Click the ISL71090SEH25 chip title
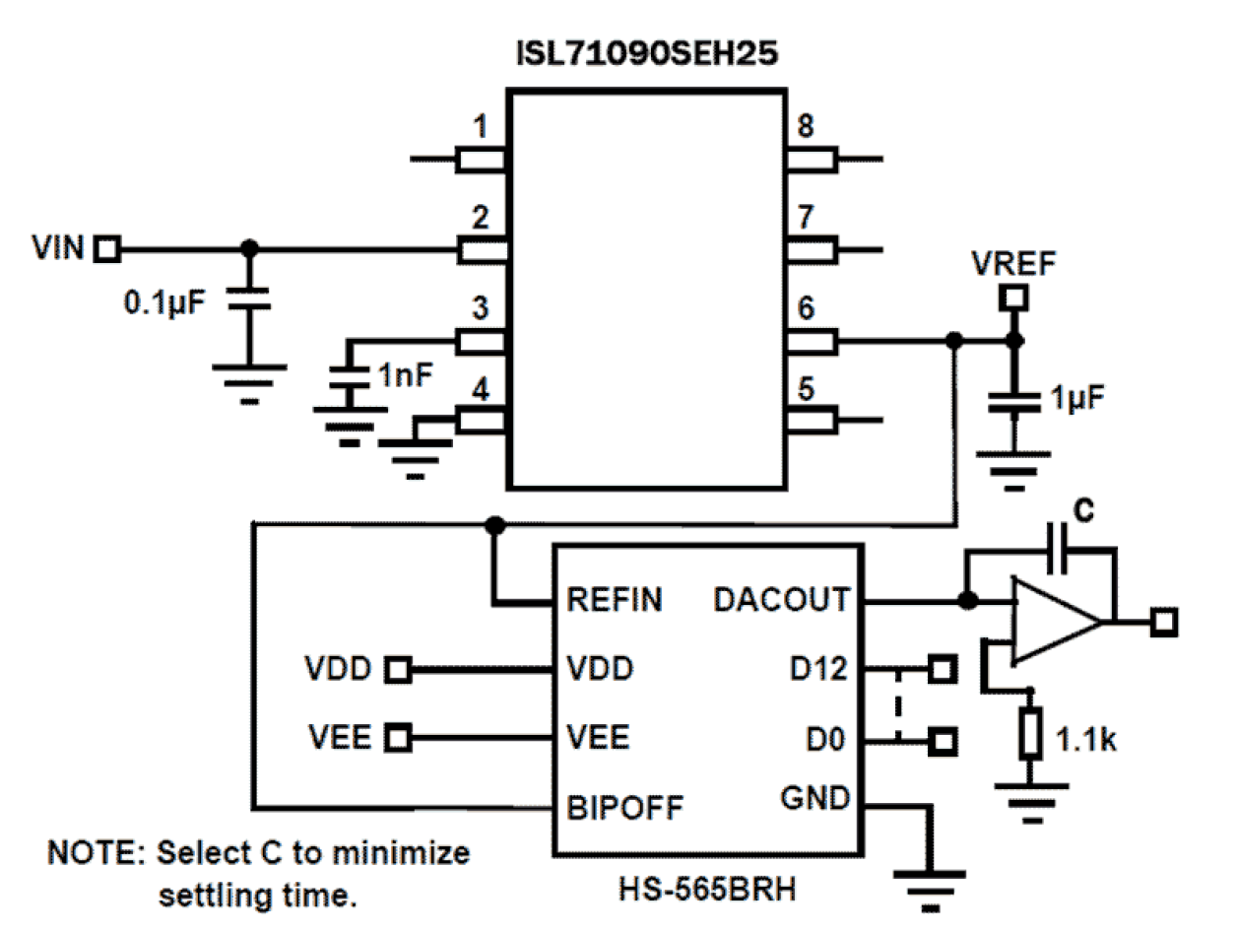coord(646,54)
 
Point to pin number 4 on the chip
coord(480,390)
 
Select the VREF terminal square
coord(1011,296)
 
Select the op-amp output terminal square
coord(1165,622)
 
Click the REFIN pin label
coord(615,599)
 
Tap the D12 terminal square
coord(943,670)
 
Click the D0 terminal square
coord(943,739)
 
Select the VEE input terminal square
coord(398,736)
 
